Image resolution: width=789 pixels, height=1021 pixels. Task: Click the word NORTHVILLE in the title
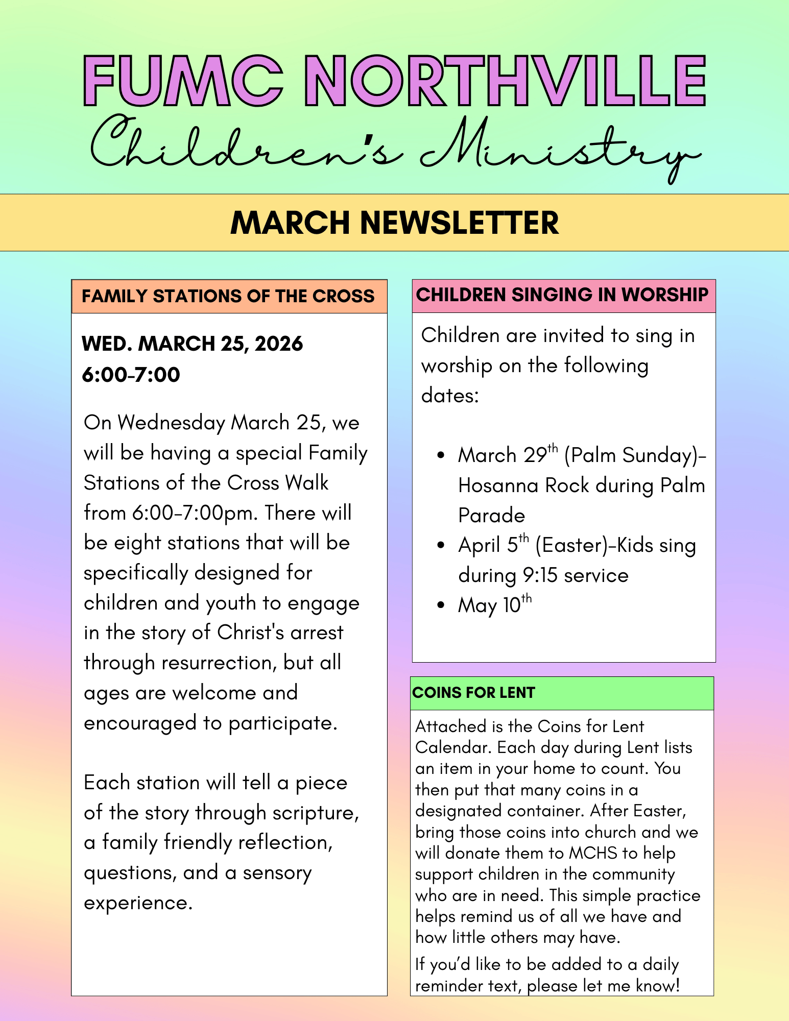point(508,82)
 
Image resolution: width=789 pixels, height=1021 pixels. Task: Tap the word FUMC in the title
point(183,82)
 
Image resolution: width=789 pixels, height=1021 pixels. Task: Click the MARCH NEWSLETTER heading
point(394,223)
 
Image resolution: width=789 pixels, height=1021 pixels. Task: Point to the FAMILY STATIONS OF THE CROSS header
point(228,296)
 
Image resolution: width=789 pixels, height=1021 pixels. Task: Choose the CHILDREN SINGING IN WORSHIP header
point(562,295)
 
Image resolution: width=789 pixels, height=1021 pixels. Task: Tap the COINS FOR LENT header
point(473,693)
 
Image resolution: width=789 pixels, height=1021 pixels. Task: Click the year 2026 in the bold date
point(279,344)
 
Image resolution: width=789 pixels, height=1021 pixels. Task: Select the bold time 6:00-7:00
point(131,375)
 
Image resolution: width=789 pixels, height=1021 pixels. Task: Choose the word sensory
point(277,873)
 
